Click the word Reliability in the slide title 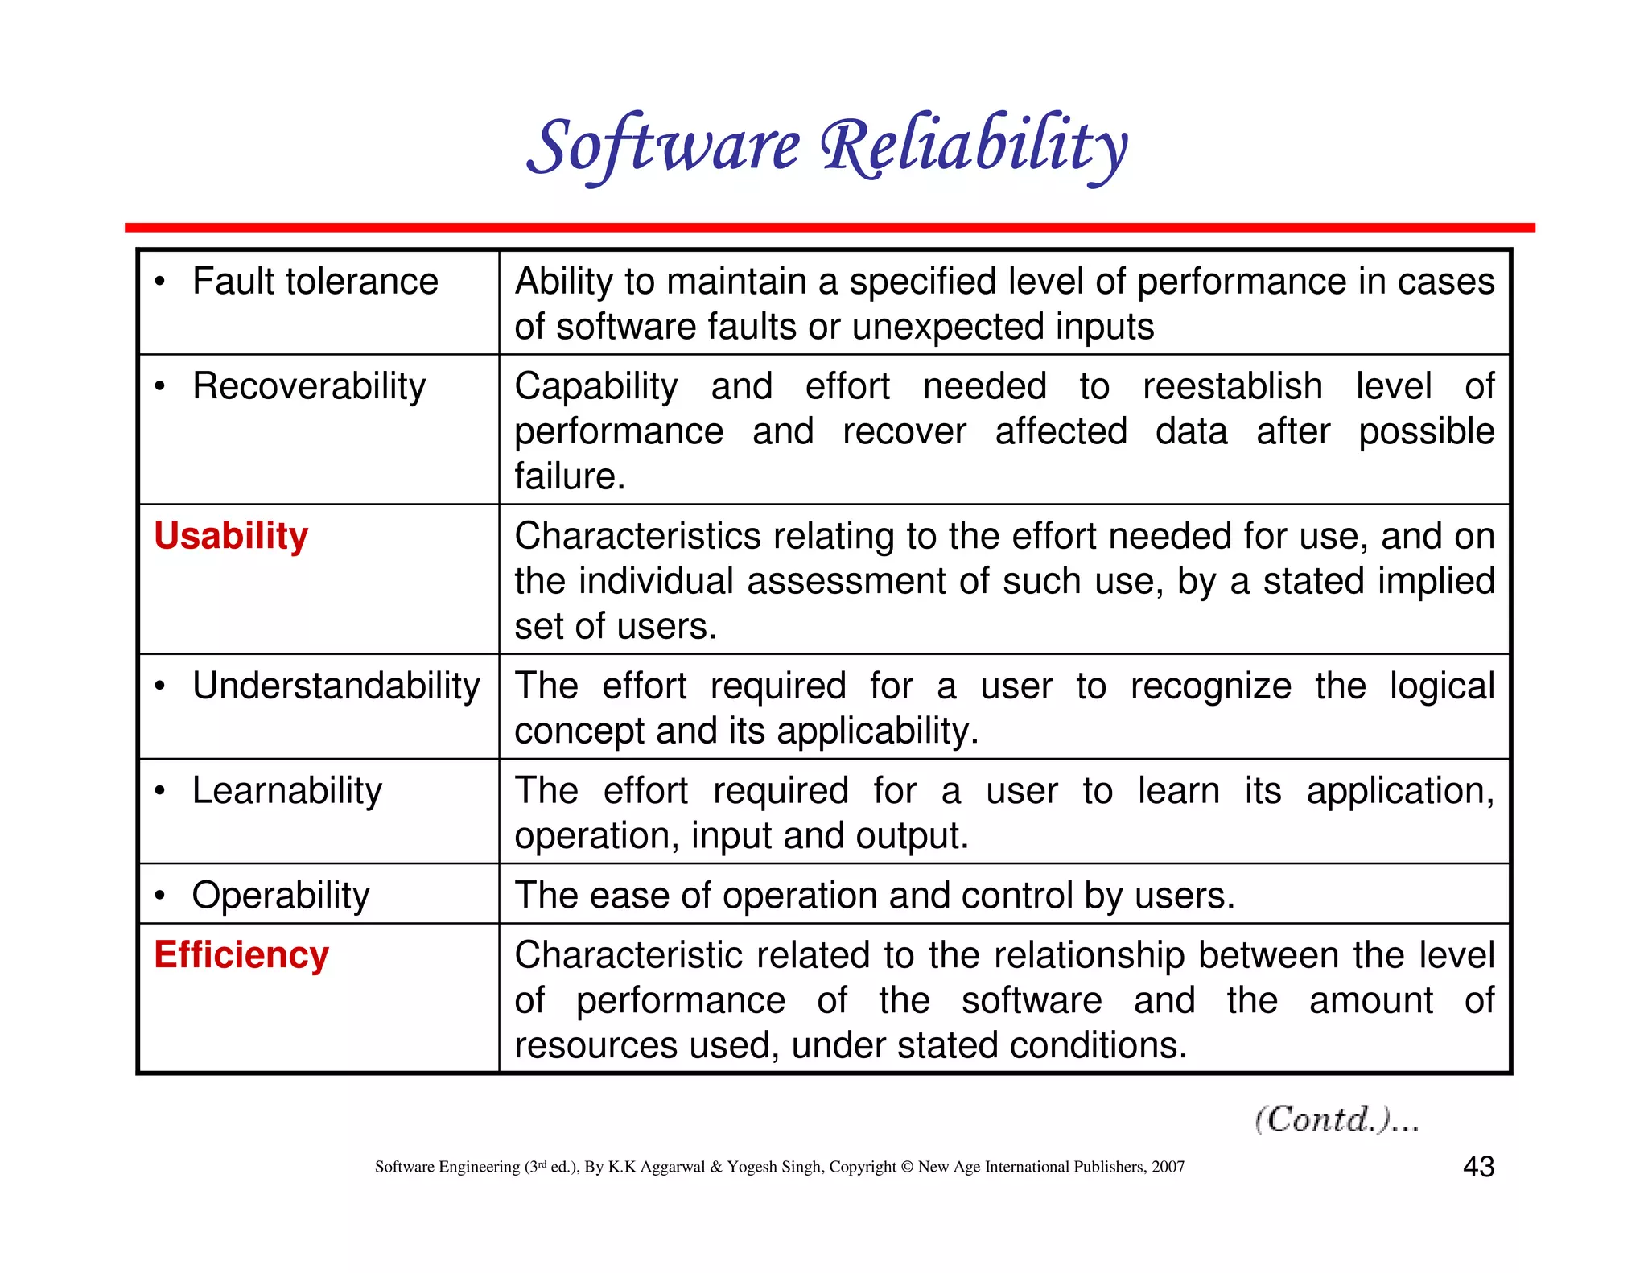pyautogui.click(x=974, y=146)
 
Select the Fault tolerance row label pyautogui.click(x=315, y=282)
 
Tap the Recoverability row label pyautogui.click(x=309, y=386)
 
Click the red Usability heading pyautogui.click(x=231, y=536)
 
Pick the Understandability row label pyautogui.click(x=336, y=686)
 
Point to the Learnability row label pyautogui.click(x=286, y=791)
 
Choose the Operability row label pyautogui.click(x=280, y=896)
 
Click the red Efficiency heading pyautogui.click(x=241, y=955)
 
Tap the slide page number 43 pyautogui.click(x=1478, y=1167)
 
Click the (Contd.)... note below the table pyautogui.click(x=1337, y=1119)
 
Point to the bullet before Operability pyautogui.click(x=161, y=896)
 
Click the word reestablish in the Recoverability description pyautogui.click(x=1232, y=386)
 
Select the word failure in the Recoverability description pyautogui.click(x=569, y=476)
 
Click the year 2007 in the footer pyautogui.click(x=1168, y=1167)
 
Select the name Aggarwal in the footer pyautogui.click(x=672, y=1167)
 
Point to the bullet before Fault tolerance pyautogui.click(x=161, y=282)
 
